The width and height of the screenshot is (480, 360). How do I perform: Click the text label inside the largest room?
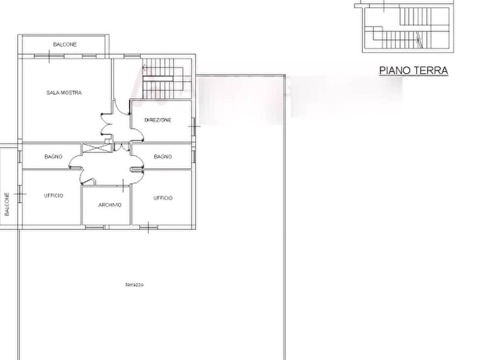[x=64, y=93]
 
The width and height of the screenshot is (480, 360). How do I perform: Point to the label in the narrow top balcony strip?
[x=66, y=42]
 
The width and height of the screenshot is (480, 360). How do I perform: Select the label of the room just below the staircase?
[x=158, y=120]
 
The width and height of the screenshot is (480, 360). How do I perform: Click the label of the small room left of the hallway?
[x=52, y=157]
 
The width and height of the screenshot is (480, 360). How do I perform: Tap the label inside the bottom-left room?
[x=53, y=197]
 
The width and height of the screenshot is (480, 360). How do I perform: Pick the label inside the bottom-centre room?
[x=109, y=205]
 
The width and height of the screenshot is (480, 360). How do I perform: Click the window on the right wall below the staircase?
[x=194, y=128]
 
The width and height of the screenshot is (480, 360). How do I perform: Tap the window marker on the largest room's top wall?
[x=50, y=55]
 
